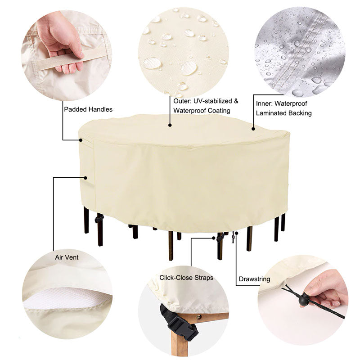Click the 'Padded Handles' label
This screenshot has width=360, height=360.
(x=88, y=109)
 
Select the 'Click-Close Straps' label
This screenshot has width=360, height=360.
(x=186, y=278)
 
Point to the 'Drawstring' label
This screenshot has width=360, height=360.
(x=255, y=279)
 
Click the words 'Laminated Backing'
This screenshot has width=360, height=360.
(x=283, y=113)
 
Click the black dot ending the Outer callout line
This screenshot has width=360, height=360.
(x=170, y=125)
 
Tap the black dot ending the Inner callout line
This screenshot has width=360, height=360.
(x=253, y=129)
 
